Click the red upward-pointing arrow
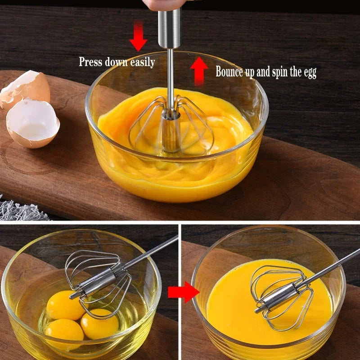(198, 70)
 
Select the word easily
(143, 63)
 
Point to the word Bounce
(229, 72)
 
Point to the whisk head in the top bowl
(171, 126)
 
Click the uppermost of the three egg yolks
(66, 305)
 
